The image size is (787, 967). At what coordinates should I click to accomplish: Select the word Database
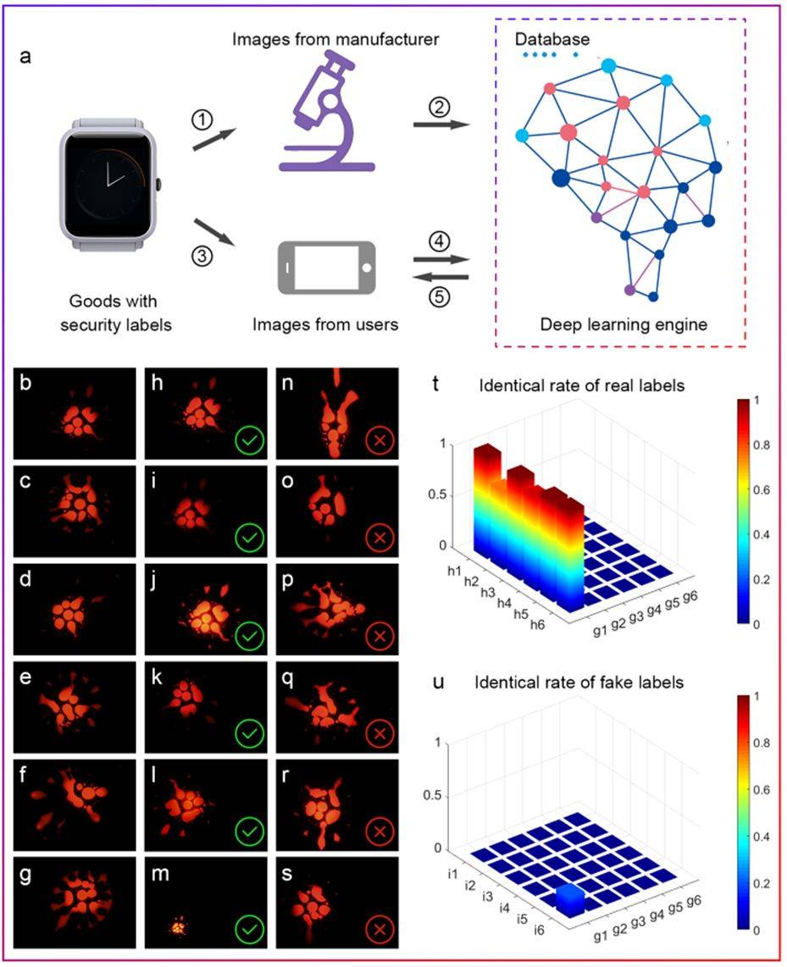pyautogui.click(x=552, y=39)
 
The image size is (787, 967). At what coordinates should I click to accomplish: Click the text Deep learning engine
pyautogui.click(x=622, y=324)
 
